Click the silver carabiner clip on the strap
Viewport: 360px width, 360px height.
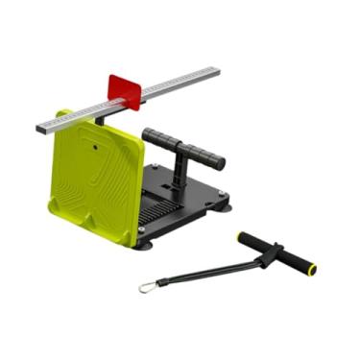coord(146,286)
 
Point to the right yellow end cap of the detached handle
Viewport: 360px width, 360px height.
coord(311,271)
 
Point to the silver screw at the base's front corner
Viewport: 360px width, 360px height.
coord(144,229)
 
